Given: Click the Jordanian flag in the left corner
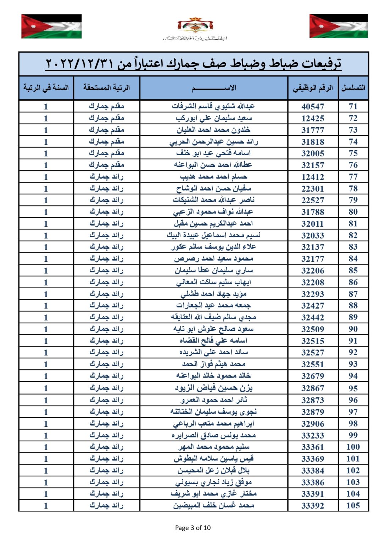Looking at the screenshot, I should click(51, 26).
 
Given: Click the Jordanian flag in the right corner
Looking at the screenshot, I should click(339, 26).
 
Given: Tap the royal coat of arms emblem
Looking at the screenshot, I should click(195, 25).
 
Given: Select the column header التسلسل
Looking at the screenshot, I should click(353, 88).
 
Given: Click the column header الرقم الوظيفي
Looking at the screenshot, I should click(313, 88).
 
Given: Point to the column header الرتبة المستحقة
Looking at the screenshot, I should click(106, 87).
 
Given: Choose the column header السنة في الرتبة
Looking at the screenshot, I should click(46, 87).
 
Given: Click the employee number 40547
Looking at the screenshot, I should click(313, 107).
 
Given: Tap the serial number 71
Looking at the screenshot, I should click(353, 106).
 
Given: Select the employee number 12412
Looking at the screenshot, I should click(313, 177).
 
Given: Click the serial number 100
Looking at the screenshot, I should click(353, 447).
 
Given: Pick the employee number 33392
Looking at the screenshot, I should click(313, 506).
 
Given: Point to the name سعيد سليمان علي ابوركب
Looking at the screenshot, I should click(214, 118).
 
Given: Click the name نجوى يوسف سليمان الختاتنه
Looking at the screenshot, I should click(213, 412).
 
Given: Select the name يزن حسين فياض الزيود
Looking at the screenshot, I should click(214, 388).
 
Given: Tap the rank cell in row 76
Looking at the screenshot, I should click(106, 165).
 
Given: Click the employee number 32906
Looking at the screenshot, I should click(313, 424).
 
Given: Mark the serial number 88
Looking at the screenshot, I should click(353, 305).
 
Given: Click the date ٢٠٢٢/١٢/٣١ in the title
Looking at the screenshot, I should click(79, 64).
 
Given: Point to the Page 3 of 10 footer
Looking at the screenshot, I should click(193, 528).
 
